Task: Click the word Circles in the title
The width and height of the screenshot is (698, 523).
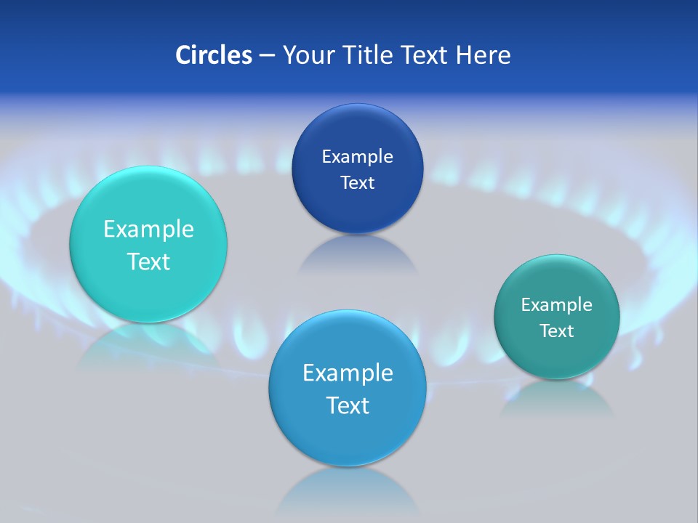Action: point(213,55)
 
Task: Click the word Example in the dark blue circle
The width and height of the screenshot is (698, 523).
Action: point(357,157)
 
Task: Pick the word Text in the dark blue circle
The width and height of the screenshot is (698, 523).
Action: point(357,183)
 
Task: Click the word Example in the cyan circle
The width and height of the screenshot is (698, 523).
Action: point(148,230)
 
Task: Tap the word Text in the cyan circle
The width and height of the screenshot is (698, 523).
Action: point(148,262)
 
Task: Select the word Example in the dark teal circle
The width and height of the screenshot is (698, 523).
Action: point(557,305)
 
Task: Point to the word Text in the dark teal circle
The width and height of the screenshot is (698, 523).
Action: point(557,331)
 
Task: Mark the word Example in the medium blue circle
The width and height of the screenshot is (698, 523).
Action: point(348,373)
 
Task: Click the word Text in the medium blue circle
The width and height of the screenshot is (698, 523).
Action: point(348,405)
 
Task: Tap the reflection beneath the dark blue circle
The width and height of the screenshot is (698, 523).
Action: point(357,254)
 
